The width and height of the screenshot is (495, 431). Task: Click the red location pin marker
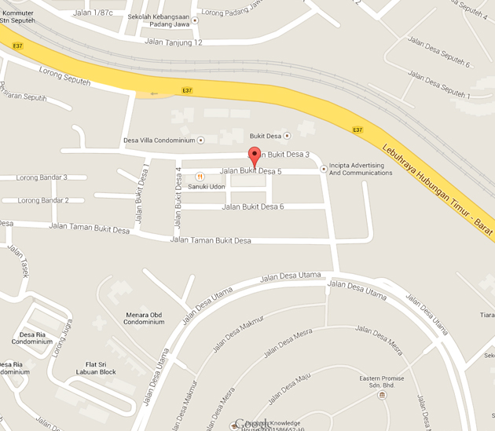coord(254,155)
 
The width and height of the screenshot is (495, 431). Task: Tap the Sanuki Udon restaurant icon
coord(200,176)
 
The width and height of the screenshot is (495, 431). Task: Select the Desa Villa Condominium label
coord(159,141)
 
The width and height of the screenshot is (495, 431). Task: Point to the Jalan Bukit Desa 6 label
coord(253,206)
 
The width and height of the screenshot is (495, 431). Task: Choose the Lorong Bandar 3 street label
coord(42,177)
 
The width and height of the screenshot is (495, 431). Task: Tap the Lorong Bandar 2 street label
coord(43,200)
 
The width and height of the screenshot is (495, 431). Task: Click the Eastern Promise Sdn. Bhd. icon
coord(382,395)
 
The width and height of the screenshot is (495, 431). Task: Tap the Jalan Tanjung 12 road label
coord(174,42)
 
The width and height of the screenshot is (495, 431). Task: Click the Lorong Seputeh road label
coord(66,69)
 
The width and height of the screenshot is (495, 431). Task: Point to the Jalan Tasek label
coord(18,261)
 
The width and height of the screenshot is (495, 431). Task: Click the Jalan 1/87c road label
coord(92,13)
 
